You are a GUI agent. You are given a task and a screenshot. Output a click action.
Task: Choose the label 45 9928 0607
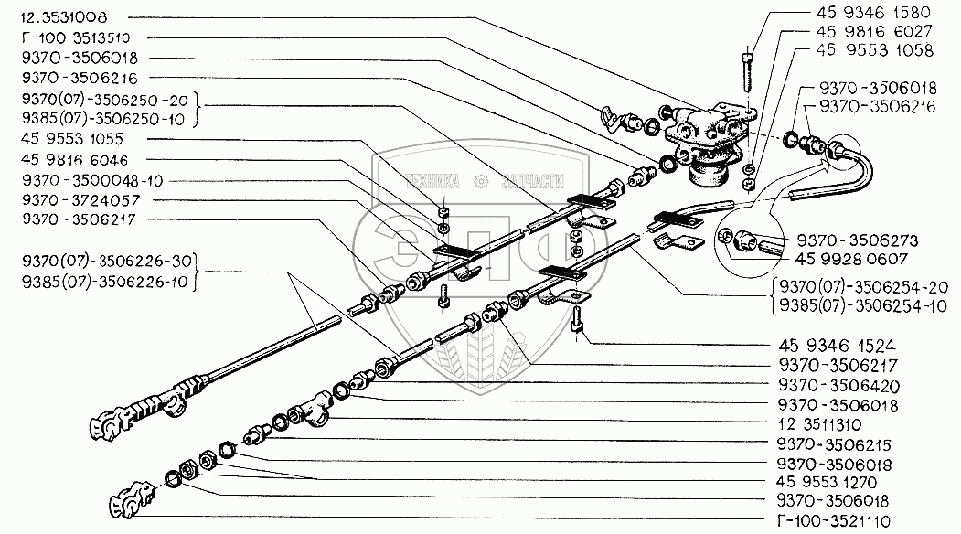[837, 260]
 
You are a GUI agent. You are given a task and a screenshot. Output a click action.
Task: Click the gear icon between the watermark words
[480, 180]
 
